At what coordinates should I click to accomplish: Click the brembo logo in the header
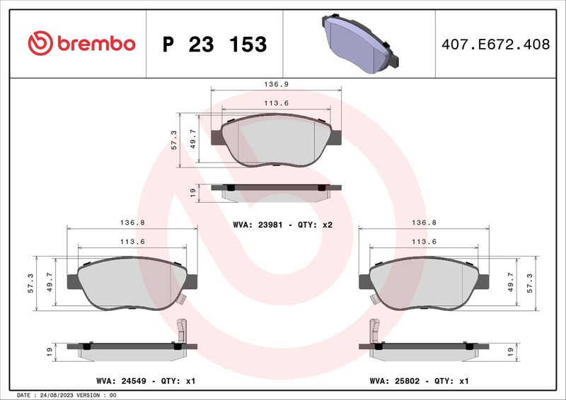81,43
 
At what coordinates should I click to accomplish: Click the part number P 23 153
214,45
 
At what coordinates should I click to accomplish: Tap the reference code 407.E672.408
496,45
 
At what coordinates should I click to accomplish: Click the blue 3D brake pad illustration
360,43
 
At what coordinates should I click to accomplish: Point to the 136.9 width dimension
276,84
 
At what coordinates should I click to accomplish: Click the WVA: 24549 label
121,381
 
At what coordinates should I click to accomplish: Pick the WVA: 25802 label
395,381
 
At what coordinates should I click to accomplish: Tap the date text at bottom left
67,395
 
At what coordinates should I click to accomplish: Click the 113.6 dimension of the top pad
276,103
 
